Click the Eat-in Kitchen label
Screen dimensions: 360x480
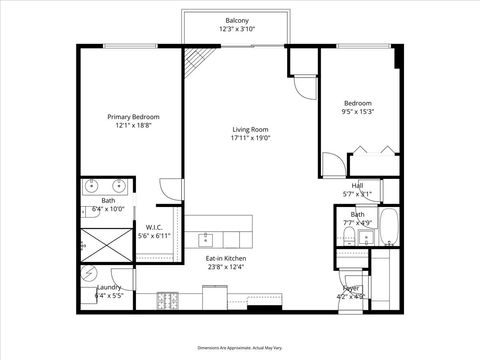point(226,258)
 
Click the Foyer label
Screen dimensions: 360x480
point(351,288)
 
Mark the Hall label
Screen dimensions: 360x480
point(357,185)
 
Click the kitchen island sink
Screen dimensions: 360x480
point(207,239)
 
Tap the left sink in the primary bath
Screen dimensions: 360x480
point(92,186)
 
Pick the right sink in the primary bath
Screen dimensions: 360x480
point(119,186)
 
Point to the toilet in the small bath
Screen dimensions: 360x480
point(345,235)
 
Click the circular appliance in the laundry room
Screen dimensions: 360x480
point(91,272)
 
